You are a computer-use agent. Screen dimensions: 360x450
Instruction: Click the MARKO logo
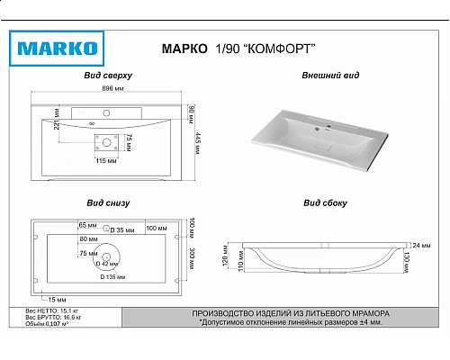(56, 46)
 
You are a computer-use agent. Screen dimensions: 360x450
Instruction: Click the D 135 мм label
(112, 276)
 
